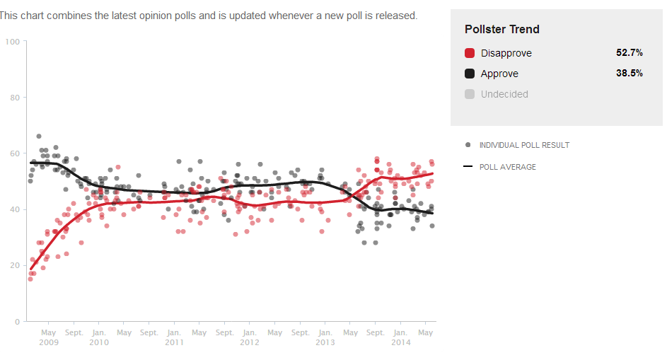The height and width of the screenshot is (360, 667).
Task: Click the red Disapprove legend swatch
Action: point(470,53)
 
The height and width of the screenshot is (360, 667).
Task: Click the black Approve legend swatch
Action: point(470,74)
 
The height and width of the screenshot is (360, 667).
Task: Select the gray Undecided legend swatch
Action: point(470,94)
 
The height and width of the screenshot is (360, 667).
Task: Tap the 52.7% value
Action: point(630,53)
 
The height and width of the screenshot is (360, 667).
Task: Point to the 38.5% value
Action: point(630,74)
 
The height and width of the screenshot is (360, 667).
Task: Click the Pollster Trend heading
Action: point(502,30)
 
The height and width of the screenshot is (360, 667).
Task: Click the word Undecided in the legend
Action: point(504,94)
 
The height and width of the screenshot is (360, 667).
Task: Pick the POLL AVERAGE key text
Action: point(508,167)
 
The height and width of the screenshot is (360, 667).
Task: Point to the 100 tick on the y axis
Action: point(12,42)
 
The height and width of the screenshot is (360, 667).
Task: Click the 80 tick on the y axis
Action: point(14,98)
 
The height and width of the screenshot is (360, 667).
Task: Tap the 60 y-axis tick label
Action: point(14,153)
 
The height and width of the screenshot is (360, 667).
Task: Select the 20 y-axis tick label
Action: point(14,265)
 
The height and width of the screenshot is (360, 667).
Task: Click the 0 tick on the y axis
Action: point(17,321)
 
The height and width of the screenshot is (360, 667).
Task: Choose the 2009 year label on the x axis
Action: point(48,342)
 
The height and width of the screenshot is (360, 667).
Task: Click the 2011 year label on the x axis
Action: point(174,342)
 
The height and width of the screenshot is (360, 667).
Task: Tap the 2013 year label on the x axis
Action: point(325,342)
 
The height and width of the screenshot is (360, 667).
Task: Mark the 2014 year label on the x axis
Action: point(400,342)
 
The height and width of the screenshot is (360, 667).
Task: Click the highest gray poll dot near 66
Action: point(39,137)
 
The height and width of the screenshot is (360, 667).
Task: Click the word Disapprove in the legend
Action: point(506,53)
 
